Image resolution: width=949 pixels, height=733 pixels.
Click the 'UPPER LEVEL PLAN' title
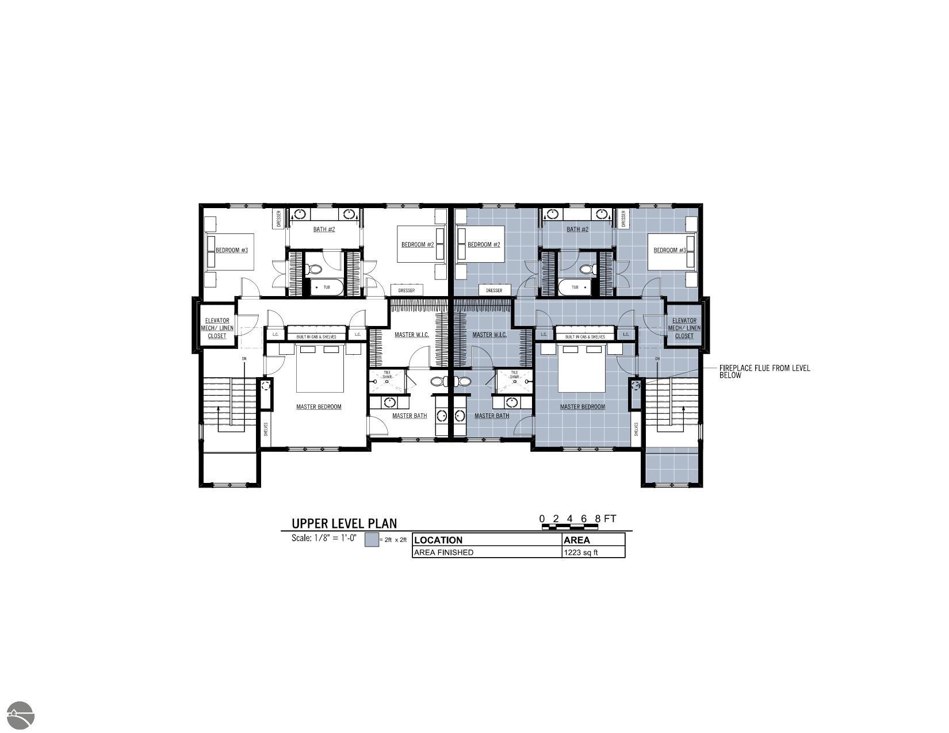pos(344,523)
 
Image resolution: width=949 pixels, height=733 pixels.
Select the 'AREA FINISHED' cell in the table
pos(443,552)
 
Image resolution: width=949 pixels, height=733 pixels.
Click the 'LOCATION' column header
pos(438,540)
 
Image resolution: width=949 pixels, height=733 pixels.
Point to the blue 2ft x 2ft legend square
pos(372,540)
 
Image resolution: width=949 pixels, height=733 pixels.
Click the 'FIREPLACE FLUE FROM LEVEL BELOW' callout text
pos(764,371)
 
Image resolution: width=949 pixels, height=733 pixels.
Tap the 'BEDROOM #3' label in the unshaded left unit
pos(232,250)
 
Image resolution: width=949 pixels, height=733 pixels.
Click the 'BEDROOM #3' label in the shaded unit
pos(669,250)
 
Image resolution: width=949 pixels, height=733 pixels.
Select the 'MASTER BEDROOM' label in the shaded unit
pos(583,406)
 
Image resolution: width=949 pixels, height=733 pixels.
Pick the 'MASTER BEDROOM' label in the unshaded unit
pos(319,406)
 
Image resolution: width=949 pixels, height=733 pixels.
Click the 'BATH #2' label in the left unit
pos(324,229)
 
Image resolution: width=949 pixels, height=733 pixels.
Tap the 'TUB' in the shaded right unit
pos(575,287)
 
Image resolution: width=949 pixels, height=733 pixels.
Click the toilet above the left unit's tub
pos(315,268)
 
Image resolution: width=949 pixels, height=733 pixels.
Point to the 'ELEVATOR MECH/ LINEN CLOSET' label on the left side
pos(217,328)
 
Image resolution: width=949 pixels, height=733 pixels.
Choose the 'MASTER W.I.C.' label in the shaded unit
pos(489,335)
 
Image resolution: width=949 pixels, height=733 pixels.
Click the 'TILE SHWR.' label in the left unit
pos(387,374)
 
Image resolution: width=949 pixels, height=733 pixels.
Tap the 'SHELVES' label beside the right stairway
pos(636,429)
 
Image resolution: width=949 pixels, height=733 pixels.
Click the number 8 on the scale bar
pos(598,519)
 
